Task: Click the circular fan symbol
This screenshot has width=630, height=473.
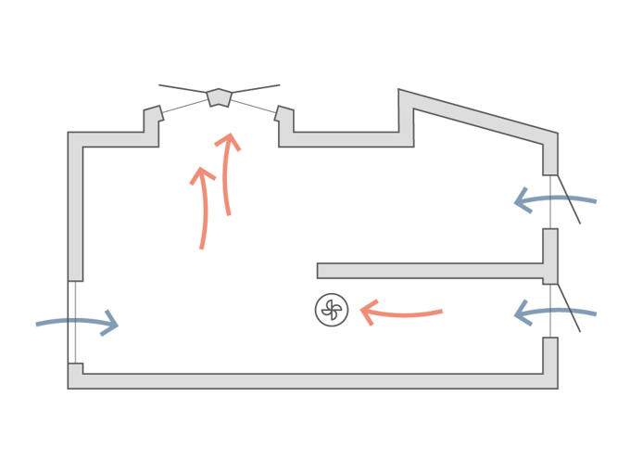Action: tap(331, 309)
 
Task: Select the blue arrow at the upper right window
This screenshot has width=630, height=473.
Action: tap(556, 199)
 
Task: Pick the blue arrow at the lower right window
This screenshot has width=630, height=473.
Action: tap(556, 313)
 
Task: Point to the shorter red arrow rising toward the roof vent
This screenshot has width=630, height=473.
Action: tap(202, 208)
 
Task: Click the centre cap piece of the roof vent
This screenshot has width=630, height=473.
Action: tap(219, 96)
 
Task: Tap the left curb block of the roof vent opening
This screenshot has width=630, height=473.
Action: tap(153, 116)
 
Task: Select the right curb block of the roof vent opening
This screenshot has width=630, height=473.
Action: tap(285, 116)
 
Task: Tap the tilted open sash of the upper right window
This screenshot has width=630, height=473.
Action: tap(567, 201)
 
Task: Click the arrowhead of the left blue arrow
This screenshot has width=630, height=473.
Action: tap(111, 323)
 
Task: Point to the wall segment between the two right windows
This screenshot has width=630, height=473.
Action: tap(549, 250)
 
